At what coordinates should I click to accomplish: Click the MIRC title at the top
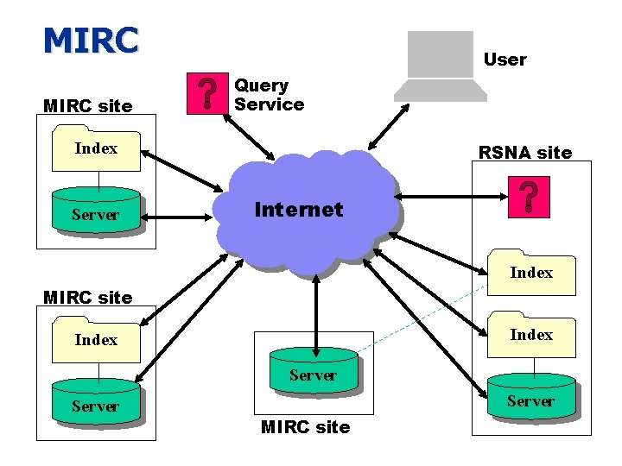(x=91, y=40)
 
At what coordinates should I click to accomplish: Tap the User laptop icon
(x=440, y=66)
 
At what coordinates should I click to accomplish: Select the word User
(x=505, y=60)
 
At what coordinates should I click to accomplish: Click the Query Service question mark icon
(x=206, y=93)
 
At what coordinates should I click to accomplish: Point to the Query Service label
(x=269, y=95)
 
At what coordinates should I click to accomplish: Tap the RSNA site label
(x=524, y=153)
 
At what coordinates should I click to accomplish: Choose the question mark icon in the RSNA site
(x=528, y=198)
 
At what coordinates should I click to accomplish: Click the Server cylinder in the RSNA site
(x=530, y=398)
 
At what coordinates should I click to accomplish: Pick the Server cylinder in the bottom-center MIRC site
(x=313, y=372)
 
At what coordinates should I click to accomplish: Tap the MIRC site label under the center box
(x=305, y=427)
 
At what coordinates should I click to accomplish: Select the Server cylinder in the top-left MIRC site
(x=95, y=211)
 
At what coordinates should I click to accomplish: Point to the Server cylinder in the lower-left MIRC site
(x=95, y=403)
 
